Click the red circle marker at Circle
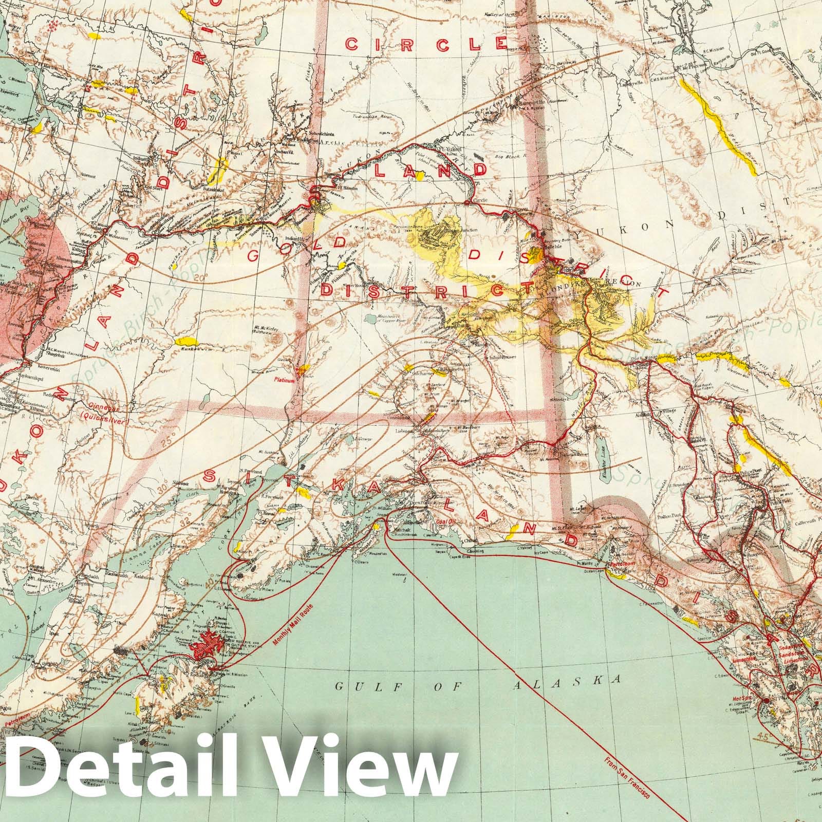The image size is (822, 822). (x=466, y=203)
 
